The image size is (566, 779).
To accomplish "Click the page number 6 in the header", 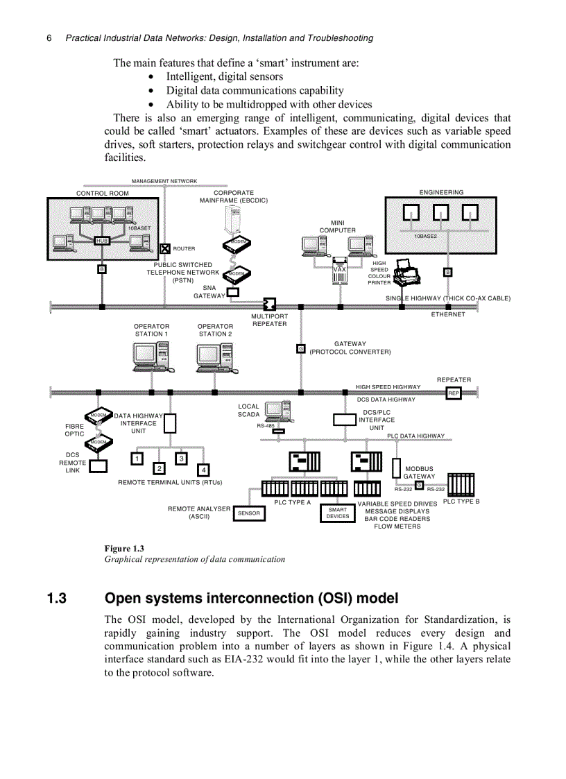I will (x=49, y=38).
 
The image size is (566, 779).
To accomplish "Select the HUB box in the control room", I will (x=102, y=240).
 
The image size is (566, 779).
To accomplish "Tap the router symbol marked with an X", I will (x=165, y=248).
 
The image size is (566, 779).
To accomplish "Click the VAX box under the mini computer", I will (x=339, y=270).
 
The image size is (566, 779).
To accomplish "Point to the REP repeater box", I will (x=454, y=393).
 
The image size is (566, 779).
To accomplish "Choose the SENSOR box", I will (x=248, y=513).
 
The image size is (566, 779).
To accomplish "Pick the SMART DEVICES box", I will (x=338, y=513).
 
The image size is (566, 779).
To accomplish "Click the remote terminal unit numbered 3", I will (x=181, y=459).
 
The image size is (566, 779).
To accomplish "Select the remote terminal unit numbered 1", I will (x=137, y=459).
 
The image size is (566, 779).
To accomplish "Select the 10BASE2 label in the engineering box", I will (x=425, y=236).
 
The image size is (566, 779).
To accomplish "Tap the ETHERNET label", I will (x=448, y=314).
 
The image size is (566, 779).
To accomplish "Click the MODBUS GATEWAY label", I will (x=419, y=472).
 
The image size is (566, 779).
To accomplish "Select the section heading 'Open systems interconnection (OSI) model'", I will (x=251, y=598).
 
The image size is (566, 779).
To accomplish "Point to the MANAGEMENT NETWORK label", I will (x=164, y=181).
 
